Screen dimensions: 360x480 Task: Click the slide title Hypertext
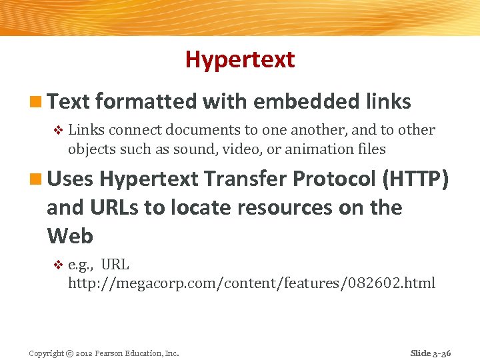tap(240, 59)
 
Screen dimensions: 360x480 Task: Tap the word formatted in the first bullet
tap(146, 101)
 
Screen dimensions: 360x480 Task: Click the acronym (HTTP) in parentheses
tap(416, 179)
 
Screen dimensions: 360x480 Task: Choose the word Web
tap(70, 236)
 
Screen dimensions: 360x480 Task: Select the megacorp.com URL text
tap(251, 283)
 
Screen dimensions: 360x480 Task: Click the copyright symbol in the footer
tap(69, 353)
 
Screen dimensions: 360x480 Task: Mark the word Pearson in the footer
tap(111, 353)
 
